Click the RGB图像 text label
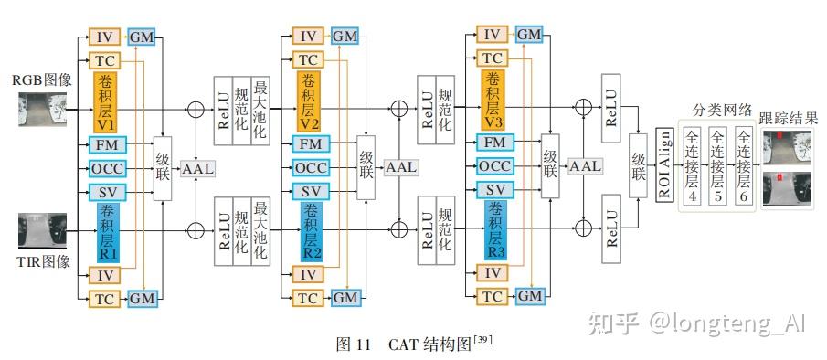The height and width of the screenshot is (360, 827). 41,80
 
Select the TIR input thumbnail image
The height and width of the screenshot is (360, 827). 40,230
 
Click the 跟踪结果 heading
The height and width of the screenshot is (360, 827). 790,118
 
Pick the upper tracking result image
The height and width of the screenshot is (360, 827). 790,146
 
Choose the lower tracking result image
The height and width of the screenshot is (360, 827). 790,189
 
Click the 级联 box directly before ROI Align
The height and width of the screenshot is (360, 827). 640,164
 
